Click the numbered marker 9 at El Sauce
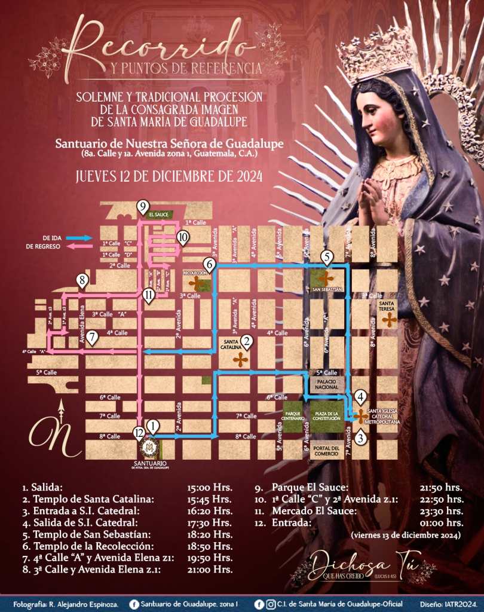[x=142, y=207]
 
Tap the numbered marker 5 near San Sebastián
[x=326, y=258]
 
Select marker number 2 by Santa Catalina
[x=246, y=342]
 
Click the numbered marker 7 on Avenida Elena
[x=91, y=336]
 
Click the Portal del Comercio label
[x=326, y=450]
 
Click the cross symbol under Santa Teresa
[x=389, y=320]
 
